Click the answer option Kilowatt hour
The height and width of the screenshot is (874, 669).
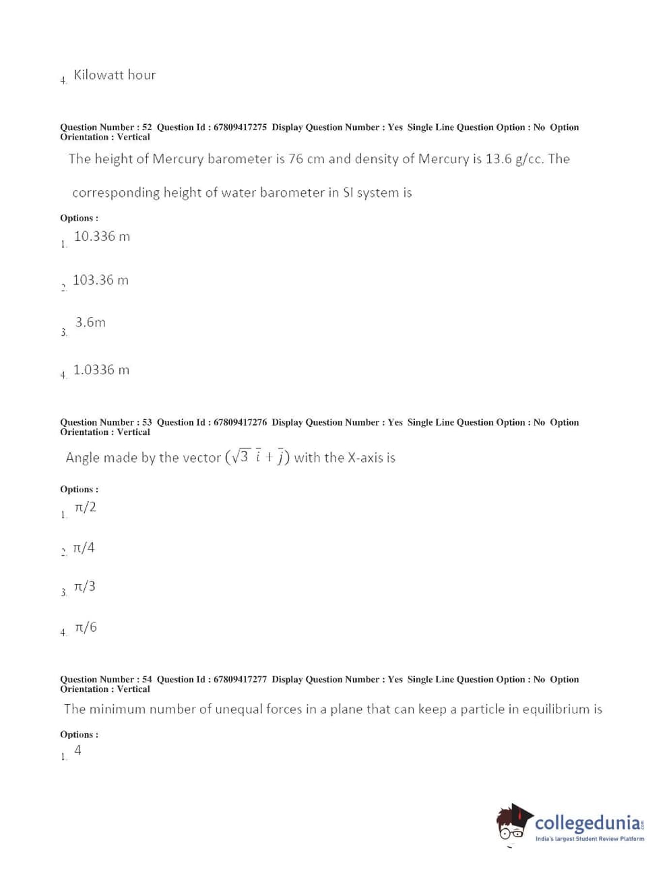(x=115, y=75)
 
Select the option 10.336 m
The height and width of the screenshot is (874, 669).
(x=102, y=236)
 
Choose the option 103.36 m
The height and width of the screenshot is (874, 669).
(x=100, y=280)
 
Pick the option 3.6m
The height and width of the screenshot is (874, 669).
(x=90, y=322)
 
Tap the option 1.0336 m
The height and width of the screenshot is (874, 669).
(x=101, y=370)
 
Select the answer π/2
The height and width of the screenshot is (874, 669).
(x=86, y=507)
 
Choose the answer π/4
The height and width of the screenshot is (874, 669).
(x=84, y=548)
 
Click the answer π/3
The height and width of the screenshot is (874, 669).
(x=85, y=587)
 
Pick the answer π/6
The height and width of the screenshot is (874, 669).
(x=86, y=627)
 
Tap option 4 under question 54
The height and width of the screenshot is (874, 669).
(x=77, y=750)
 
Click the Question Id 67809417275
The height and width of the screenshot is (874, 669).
(x=240, y=127)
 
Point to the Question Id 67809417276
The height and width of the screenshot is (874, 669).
(x=240, y=422)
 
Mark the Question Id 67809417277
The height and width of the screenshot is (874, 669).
(x=240, y=679)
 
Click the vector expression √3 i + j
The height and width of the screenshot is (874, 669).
(x=258, y=457)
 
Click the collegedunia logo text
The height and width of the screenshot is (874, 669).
(x=588, y=823)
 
